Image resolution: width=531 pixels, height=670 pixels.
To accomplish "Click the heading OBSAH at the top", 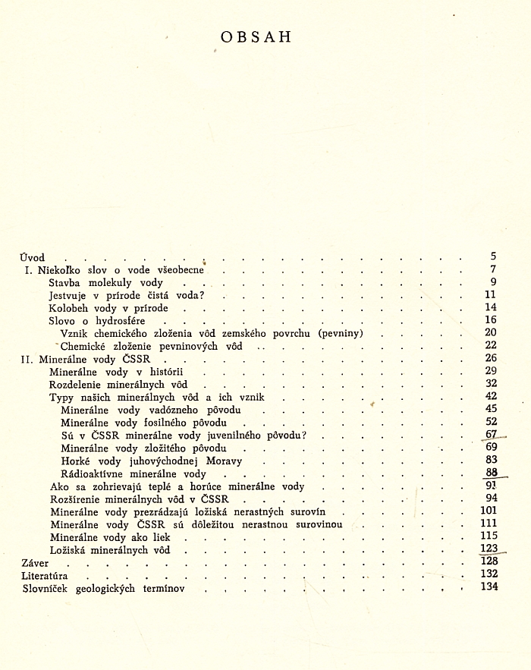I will point(255,37).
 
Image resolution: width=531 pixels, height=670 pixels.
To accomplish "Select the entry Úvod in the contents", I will point(33,257).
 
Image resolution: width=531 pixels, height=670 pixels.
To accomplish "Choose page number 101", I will point(488,511).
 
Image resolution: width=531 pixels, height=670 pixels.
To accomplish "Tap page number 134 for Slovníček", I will point(488,588).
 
